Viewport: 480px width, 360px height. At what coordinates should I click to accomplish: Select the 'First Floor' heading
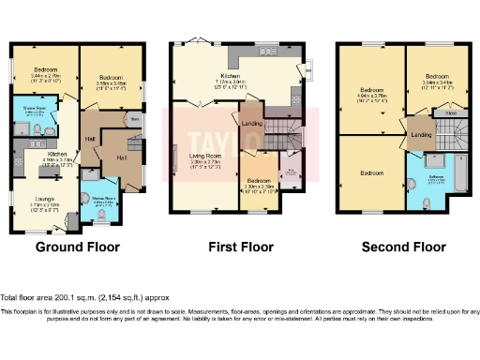(x=239, y=247)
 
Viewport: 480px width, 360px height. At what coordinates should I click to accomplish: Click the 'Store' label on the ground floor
(x=135, y=119)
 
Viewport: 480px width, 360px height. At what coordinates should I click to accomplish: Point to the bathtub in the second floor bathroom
(x=456, y=188)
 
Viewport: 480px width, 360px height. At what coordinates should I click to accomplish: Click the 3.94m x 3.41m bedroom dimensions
(x=437, y=82)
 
